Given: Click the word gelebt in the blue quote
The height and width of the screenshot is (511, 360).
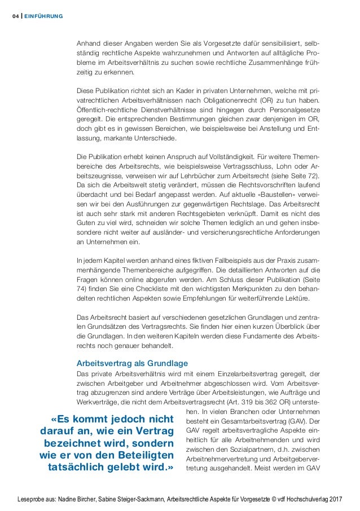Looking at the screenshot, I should [x=132, y=469].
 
